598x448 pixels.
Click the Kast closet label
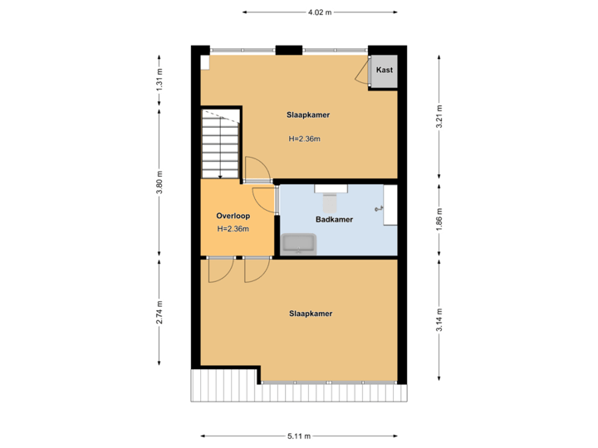384,71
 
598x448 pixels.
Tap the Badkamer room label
334,220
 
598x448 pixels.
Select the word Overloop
233,216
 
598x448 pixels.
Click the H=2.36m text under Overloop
233,229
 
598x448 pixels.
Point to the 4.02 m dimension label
320,12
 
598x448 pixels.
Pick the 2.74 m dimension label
159,313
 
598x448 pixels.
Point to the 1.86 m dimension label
439,220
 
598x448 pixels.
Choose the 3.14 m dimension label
439,320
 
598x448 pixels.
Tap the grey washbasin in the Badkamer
298,244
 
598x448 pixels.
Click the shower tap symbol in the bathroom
381,209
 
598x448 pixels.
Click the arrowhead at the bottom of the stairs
219,175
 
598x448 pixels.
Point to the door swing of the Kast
361,74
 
